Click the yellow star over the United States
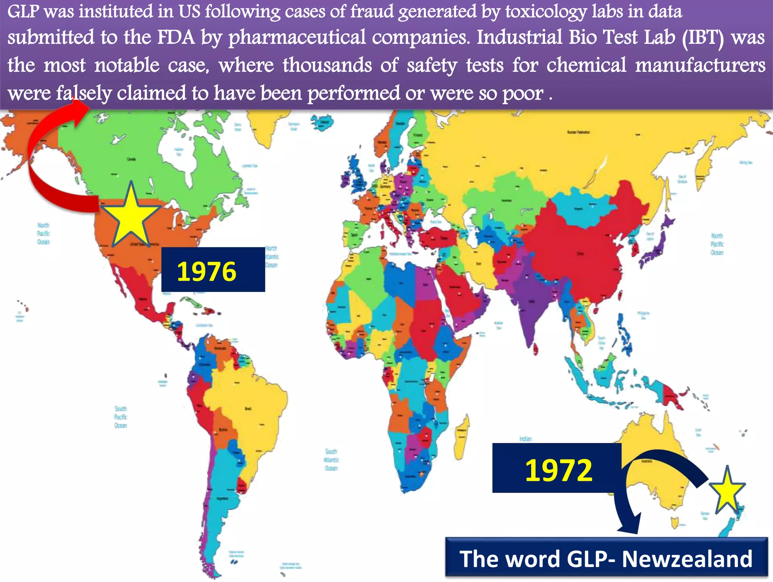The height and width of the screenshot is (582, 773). point(131,216)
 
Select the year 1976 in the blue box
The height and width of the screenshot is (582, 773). point(206,271)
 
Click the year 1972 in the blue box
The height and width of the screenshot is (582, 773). point(558,470)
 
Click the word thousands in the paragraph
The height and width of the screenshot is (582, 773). point(327,65)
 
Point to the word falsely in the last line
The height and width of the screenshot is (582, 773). point(84,93)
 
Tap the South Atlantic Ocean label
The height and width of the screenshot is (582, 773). point(331,460)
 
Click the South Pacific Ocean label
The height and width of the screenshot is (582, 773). point(121,417)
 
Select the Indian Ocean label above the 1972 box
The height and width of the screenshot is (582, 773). point(525,439)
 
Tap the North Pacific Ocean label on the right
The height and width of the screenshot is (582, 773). point(716,244)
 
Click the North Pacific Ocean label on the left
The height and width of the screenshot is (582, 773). point(43,233)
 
